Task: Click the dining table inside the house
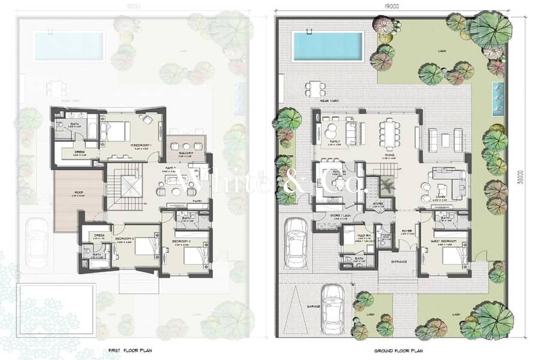click(x=391, y=133)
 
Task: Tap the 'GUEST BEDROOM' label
click(x=443, y=241)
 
